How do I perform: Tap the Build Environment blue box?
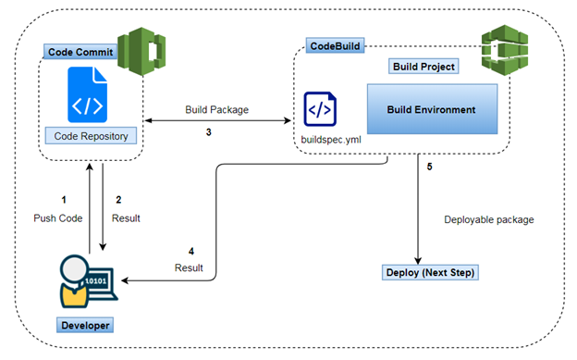432,110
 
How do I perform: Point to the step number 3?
209,132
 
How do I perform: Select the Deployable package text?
489,219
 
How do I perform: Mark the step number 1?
64,199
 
